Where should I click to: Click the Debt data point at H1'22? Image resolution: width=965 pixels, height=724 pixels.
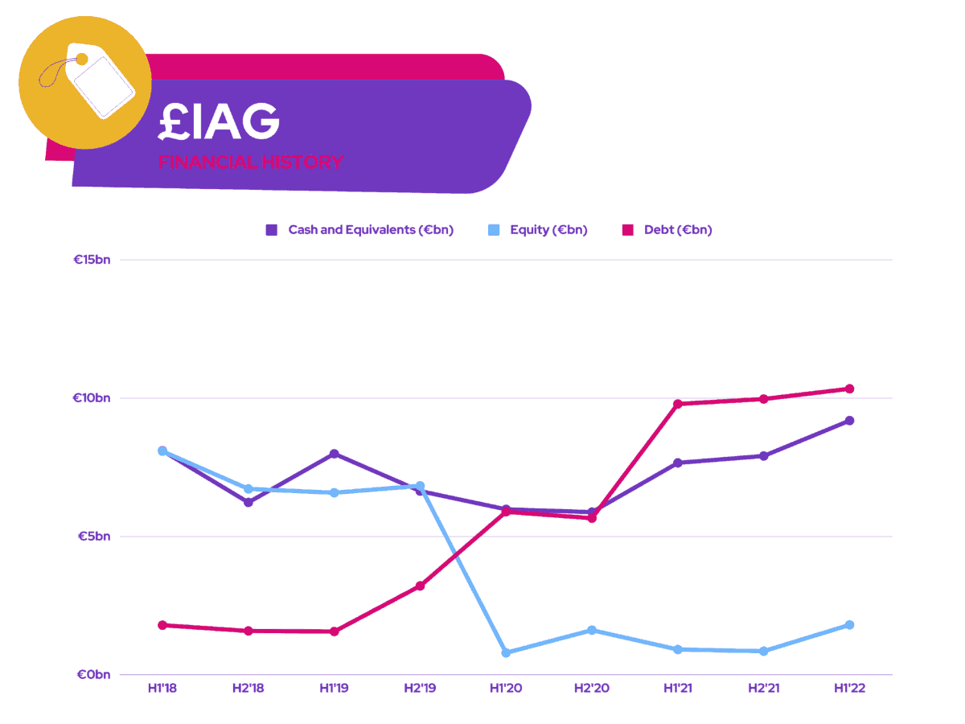(x=849, y=389)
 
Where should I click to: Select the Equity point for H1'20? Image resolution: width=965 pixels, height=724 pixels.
(x=506, y=652)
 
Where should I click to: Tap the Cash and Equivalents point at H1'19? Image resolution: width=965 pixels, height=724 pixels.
(x=334, y=454)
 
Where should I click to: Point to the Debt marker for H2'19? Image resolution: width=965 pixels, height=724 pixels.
(x=420, y=586)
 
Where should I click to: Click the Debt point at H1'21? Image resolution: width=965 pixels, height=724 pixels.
(x=677, y=404)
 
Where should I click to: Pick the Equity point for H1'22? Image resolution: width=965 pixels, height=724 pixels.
(x=849, y=625)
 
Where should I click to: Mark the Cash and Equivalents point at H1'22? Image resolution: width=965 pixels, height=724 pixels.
(x=849, y=421)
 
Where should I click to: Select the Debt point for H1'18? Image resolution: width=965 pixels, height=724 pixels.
(x=162, y=625)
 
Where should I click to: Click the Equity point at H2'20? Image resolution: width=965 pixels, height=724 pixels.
(x=592, y=630)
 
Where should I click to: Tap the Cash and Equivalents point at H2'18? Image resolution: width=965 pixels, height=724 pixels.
(x=248, y=502)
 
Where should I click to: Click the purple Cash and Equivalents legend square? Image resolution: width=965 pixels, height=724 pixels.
(x=272, y=230)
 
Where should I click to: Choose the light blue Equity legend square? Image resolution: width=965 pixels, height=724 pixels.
(x=494, y=230)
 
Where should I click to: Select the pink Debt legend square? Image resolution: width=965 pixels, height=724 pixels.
(x=628, y=230)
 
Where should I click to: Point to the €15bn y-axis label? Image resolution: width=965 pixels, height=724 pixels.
(x=92, y=260)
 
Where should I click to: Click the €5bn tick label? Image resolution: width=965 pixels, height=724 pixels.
(x=95, y=537)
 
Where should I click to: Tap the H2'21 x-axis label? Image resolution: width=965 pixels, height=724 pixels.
(x=763, y=689)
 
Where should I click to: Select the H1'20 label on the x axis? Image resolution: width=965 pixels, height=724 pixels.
(x=506, y=689)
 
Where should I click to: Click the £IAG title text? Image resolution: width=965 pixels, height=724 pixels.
(x=219, y=121)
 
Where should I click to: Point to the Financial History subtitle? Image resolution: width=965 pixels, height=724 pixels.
(x=250, y=162)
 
